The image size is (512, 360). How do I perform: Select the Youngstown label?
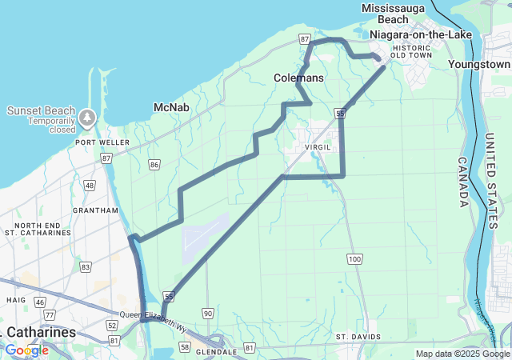pos(479,63)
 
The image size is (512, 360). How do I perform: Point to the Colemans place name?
pos(298,78)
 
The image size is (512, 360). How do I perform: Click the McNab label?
pos(170,107)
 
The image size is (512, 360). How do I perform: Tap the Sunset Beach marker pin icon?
pos(87,118)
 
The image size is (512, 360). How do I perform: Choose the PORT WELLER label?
pos(98,142)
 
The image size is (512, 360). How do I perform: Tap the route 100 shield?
pos(354,258)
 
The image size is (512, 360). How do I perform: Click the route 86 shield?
pos(154,165)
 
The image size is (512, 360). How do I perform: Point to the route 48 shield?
pos(90,186)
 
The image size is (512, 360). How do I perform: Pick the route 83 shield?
pos(86,266)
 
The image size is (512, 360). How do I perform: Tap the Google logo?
pos(26,350)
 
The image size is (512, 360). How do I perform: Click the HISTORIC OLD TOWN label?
pos(412,50)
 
